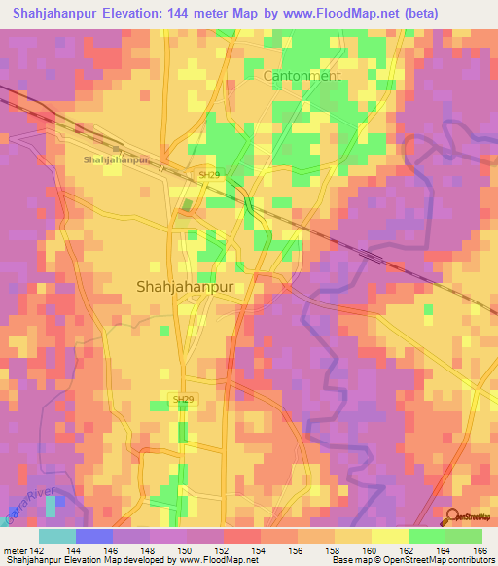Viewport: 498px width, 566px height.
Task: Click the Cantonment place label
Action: (302, 75)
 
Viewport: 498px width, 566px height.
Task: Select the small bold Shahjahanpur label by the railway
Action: (116, 159)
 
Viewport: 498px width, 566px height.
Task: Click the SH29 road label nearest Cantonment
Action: (209, 175)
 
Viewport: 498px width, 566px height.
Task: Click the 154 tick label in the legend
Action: (260, 549)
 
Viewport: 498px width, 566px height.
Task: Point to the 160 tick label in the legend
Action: (371, 549)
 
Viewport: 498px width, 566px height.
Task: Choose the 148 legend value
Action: (149, 549)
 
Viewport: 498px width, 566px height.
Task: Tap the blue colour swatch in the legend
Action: (93, 536)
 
